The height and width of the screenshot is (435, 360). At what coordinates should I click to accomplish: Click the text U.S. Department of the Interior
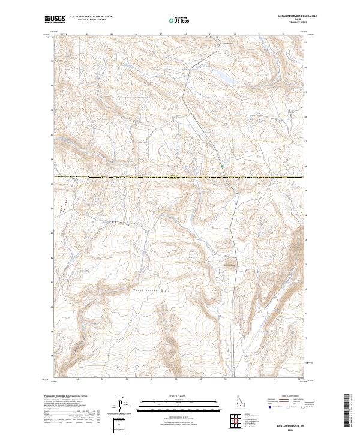click(91, 17)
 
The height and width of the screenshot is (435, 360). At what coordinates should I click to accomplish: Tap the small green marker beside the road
click(221, 166)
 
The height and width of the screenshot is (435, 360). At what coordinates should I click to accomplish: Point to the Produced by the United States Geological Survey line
click(66, 397)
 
